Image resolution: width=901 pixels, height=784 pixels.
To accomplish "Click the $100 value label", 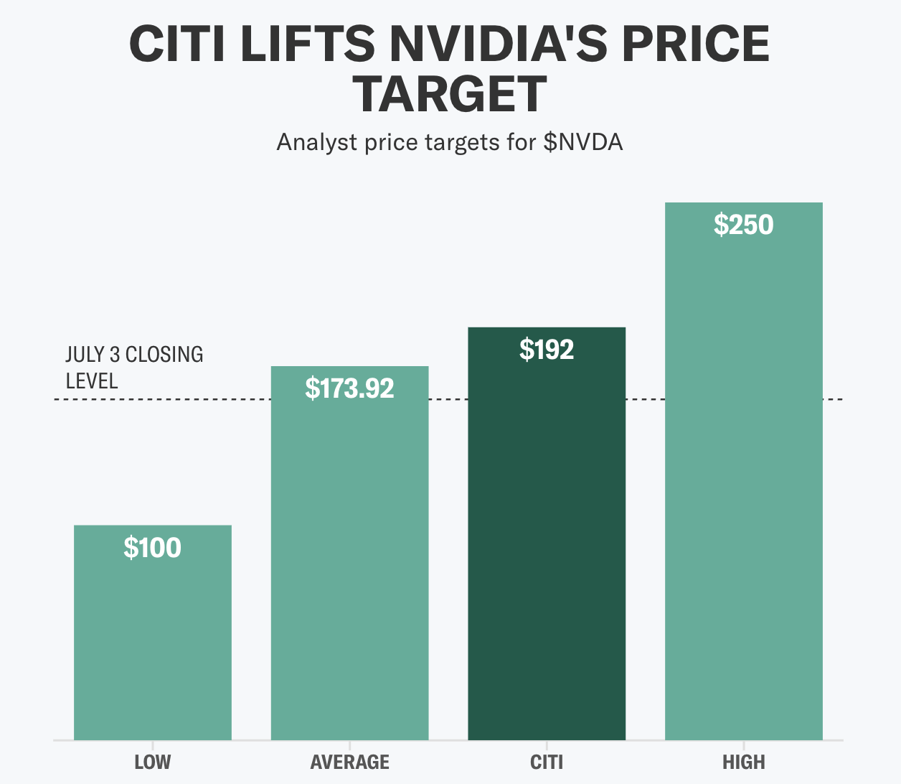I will [x=152, y=548].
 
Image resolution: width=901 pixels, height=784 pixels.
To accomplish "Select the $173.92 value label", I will [x=349, y=388].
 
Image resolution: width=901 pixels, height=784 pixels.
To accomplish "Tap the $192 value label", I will [x=547, y=350].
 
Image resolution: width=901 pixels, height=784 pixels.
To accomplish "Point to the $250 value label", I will [x=743, y=225].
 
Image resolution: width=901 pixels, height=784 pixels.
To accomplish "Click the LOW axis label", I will [x=153, y=762].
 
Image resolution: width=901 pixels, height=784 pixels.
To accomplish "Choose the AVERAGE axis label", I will [x=349, y=762].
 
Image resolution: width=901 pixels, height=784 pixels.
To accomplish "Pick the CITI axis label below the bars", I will [x=547, y=762].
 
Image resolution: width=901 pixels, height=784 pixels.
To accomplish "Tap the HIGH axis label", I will [x=743, y=762].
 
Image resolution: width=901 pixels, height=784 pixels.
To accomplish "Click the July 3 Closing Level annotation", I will [x=134, y=367].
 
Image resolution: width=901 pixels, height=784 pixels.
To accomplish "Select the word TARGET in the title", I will [x=451, y=95].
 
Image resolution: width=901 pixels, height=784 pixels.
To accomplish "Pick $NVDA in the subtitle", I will [x=582, y=142].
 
